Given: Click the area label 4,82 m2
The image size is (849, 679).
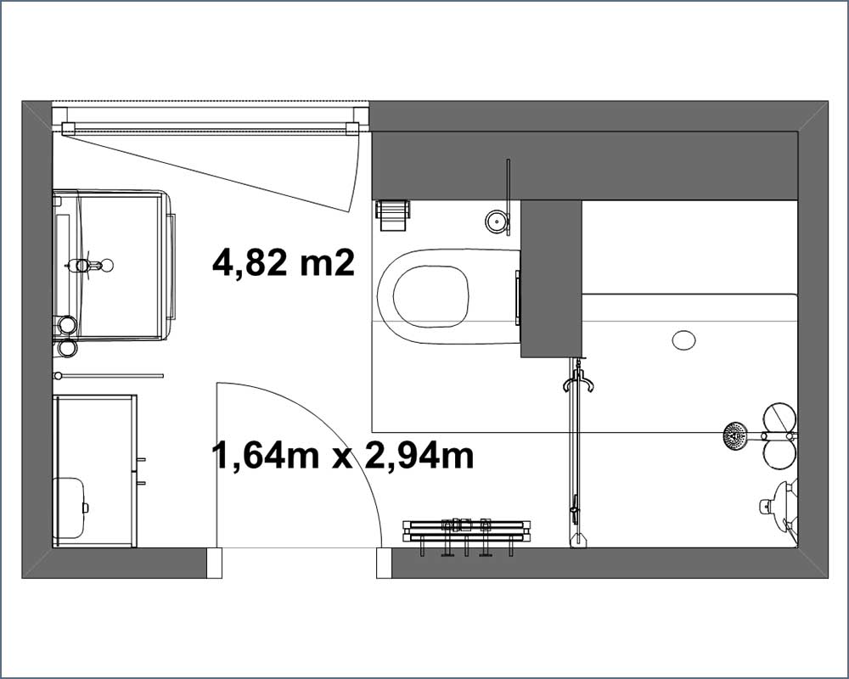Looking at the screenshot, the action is point(284,263).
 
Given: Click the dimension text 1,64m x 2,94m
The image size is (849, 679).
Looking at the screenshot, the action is point(343,456).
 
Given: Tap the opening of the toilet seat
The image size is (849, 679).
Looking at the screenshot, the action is point(430,296).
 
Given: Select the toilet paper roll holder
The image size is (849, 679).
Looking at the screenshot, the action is point(392,216).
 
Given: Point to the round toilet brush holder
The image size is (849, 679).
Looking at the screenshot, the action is point(497,222).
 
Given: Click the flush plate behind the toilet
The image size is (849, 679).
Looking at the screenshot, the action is point(518,297).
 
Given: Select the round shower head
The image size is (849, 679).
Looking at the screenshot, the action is point(735,435).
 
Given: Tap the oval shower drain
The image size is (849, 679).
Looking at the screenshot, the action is point(683,340).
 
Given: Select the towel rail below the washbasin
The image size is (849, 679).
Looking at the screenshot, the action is point(109,375).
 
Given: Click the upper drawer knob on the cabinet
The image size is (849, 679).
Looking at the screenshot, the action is point(141,460).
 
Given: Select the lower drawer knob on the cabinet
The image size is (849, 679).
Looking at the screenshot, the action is point(141,483).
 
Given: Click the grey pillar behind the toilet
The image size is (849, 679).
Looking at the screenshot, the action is point(551,279).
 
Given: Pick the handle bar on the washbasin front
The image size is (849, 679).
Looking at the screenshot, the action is point(172,266).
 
